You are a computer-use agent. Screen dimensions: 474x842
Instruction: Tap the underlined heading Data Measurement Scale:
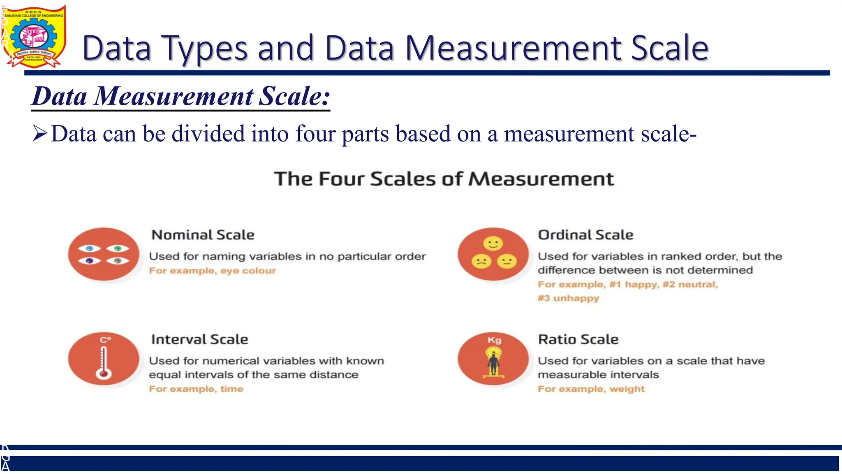point(181,96)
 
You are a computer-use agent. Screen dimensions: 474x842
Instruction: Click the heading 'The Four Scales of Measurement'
point(444,179)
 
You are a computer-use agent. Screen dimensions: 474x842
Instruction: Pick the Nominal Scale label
point(203,235)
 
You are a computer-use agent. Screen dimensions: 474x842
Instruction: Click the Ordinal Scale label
point(585,235)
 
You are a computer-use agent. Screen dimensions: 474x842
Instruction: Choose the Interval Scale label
point(200,339)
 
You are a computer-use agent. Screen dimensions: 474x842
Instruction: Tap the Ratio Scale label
point(578,339)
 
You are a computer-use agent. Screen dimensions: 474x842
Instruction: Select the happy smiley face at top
point(493,244)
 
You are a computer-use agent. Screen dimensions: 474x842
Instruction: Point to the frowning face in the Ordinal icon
point(481,261)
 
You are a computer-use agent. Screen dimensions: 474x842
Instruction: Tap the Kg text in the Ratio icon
point(494,340)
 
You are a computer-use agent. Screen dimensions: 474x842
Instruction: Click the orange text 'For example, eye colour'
point(213,271)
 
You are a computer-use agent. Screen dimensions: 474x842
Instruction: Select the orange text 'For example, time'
point(196,389)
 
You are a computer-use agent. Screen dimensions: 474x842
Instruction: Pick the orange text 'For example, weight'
point(591,389)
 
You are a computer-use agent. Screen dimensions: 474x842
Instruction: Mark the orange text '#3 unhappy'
point(568,298)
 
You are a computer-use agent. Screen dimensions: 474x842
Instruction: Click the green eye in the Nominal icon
point(118,249)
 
